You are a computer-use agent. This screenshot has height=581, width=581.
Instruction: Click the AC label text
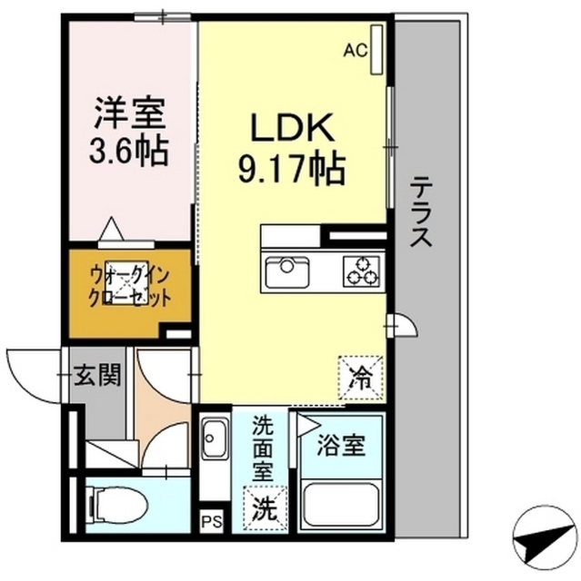tap(355, 51)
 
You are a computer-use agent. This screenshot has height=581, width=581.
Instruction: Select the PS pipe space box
tap(209, 522)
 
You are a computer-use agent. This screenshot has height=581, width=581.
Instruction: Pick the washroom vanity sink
tap(214, 442)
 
